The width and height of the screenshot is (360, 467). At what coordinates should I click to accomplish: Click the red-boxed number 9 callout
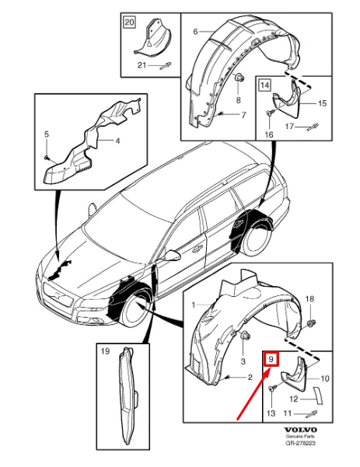[x=271, y=359]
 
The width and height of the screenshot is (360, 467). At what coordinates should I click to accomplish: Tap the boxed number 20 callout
[x=129, y=23]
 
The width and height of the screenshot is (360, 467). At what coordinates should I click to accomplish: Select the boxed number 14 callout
[x=264, y=85]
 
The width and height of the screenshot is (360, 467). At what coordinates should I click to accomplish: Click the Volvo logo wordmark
[x=300, y=430]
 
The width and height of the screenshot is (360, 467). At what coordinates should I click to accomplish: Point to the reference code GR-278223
[x=300, y=443]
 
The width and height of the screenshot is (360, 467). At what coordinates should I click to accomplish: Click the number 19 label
[x=105, y=351]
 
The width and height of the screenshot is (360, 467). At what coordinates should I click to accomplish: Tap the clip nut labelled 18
[x=311, y=322]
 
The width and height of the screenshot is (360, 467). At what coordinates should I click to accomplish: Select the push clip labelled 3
[x=245, y=337]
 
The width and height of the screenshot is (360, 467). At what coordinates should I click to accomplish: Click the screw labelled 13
[x=273, y=388]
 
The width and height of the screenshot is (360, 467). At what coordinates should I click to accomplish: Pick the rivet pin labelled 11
[x=312, y=413]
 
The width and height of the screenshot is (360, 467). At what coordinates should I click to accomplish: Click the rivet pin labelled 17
[x=313, y=127]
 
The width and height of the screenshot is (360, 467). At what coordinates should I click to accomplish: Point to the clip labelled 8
[x=239, y=78]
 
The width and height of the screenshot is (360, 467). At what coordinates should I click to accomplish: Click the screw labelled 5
[x=47, y=157]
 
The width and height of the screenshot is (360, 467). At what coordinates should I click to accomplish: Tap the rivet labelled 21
[x=166, y=65]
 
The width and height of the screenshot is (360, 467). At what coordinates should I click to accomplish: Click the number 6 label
[x=195, y=31]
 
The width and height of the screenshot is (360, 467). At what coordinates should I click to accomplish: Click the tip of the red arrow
[x=270, y=368]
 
